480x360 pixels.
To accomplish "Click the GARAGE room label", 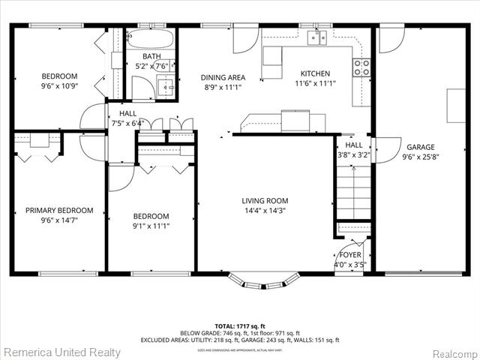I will coord(421,147).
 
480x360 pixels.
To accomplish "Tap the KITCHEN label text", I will coord(315,73).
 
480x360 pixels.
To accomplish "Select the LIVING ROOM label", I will coord(265,200).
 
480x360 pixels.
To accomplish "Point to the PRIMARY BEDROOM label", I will coord(59,211).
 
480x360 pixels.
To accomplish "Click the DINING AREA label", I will coord(223,77).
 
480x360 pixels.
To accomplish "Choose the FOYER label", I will coord(350,255).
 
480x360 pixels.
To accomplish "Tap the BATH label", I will coord(152,56).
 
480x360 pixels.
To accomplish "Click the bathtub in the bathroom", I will coord(150,38).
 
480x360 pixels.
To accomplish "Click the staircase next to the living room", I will coord(352,191).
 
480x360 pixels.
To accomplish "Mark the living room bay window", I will coord(264,281).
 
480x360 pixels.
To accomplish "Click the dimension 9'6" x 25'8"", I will coord(421,157).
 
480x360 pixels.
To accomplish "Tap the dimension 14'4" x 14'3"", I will coord(265,211).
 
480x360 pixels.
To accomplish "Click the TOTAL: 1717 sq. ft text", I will coord(239,325).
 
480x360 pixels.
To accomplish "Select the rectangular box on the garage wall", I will coord(456,106).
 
